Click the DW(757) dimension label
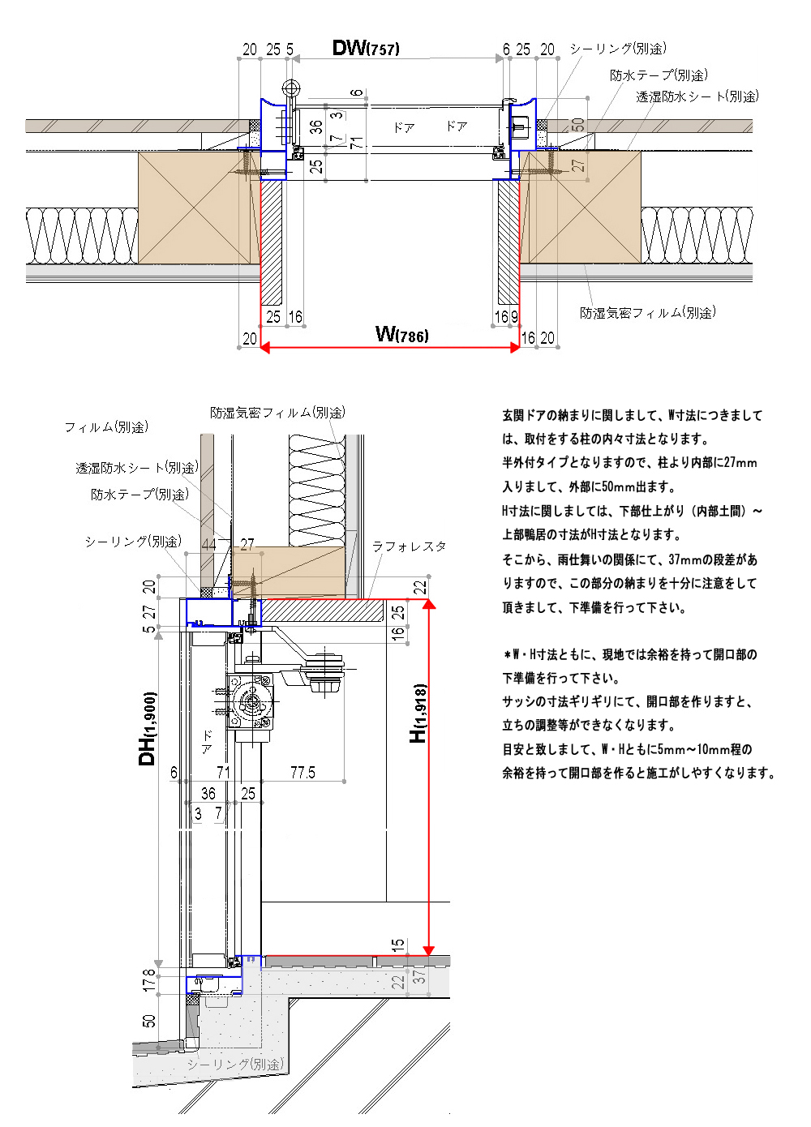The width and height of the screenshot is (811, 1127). tap(365, 48)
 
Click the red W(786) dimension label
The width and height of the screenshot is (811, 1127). tap(401, 334)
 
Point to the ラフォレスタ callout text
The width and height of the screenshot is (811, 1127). tap(409, 546)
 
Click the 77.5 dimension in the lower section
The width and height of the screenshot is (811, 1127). tap(303, 773)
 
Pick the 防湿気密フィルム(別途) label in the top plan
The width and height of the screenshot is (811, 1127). tap(647, 313)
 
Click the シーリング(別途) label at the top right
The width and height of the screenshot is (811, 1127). tap(617, 49)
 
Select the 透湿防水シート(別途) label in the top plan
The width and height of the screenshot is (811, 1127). tap(697, 96)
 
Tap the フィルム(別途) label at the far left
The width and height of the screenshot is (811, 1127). tap(106, 426)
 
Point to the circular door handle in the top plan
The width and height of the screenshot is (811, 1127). tap(290, 88)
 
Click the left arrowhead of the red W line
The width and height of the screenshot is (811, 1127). tap(265, 347)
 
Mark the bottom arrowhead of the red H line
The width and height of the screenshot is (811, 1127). tap(429, 950)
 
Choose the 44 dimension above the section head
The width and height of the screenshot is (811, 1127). tap(209, 544)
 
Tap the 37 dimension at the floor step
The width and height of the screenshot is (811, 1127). tap(419, 977)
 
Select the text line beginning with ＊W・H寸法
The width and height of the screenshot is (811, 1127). tap(630, 654)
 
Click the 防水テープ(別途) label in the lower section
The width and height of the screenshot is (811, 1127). tap(139, 494)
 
